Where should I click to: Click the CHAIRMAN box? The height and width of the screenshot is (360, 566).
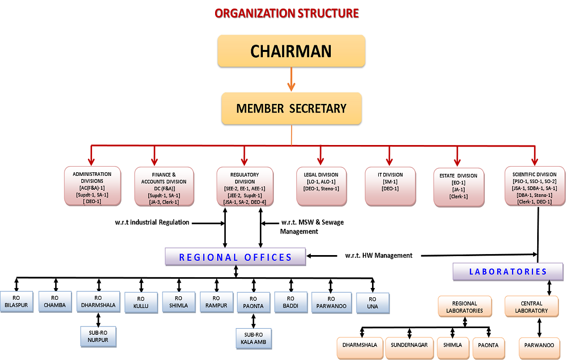pos(291,51)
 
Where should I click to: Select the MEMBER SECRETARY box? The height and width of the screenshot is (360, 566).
pos(291,109)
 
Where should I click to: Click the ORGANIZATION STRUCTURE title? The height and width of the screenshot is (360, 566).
pos(287,13)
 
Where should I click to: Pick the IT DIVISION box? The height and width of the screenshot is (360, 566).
pos(390,185)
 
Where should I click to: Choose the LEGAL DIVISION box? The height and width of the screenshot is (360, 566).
pos(321,185)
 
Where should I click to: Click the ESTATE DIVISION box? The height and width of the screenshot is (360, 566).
pos(458,187)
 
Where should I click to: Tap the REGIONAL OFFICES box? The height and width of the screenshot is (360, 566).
pos(235,257)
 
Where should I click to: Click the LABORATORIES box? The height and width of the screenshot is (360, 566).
pos(507,272)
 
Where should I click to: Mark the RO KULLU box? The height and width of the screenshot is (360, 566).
pos(141,302)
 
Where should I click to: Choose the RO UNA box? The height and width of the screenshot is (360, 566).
pos(373,302)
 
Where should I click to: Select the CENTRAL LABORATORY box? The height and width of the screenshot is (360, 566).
pos(531,307)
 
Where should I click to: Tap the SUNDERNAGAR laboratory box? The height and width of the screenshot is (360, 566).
pos(409,348)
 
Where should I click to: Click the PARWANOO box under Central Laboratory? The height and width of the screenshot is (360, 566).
pos(540,348)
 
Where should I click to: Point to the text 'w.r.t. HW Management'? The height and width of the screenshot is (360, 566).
pos(379,256)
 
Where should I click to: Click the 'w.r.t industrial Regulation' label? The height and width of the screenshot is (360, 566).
pos(152,223)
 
